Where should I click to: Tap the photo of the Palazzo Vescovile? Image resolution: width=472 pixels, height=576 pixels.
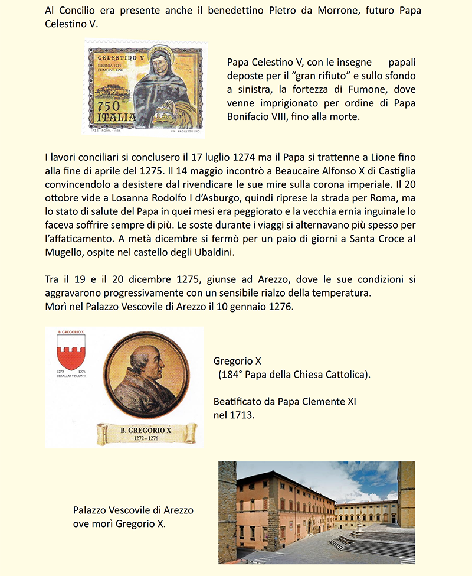tap(317, 512)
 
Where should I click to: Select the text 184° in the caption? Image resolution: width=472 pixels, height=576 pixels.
tap(231, 375)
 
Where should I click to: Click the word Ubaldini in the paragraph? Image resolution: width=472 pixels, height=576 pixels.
tap(216, 253)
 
